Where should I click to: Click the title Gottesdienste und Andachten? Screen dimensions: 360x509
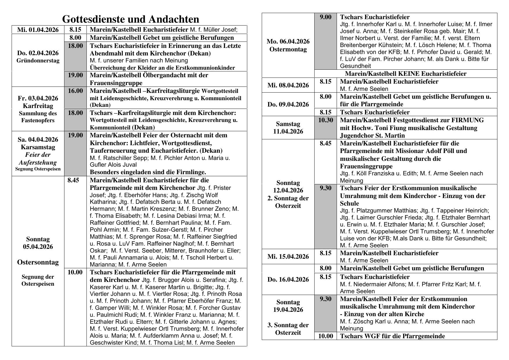click(x=131, y=19)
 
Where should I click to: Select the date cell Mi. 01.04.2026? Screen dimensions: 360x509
click(x=38, y=30)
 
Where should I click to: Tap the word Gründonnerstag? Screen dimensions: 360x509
click(x=38, y=61)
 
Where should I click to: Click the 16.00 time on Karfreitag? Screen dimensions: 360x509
click(x=75, y=91)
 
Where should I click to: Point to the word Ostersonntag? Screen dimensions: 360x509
click(x=38, y=262)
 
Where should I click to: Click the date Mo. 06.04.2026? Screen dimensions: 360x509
click(x=288, y=42)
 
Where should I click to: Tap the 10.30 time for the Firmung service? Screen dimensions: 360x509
click(x=326, y=120)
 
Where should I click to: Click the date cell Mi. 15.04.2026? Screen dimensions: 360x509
click(x=288, y=257)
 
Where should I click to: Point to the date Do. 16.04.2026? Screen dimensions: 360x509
click(x=288, y=280)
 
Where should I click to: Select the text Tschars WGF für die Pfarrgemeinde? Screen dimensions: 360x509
click(x=392, y=336)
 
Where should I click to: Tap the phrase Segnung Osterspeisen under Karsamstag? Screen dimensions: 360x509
click(x=38, y=169)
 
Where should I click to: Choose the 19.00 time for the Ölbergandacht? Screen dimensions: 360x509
click(x=75, y=75)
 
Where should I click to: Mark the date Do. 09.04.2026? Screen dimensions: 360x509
click(x=288, y=105)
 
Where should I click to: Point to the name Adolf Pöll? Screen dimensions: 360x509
click(x=452, y=151)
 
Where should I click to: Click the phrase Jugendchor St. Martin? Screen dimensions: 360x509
click(x=372, y=136)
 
